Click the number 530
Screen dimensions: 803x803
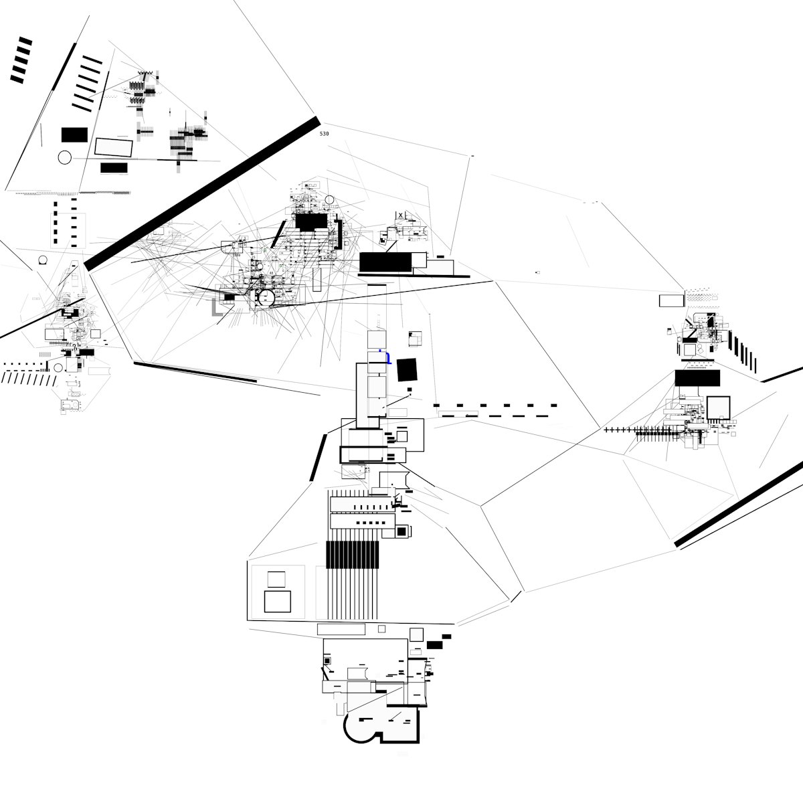click(325, 134)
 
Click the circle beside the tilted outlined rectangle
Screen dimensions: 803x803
click(64, 158)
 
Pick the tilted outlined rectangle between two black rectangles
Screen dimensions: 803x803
click(114, 147)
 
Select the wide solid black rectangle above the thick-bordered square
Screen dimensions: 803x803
click(697, 378)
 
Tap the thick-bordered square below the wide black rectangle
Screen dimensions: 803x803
click(719, 408)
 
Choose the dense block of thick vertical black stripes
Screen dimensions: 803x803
click(352, 555)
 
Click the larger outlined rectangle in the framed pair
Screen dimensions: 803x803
click(277, 601)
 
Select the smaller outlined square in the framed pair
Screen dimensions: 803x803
click(276, 579)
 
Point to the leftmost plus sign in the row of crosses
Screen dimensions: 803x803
click(606, 429)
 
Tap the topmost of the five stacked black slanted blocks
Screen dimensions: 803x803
click(25, 41)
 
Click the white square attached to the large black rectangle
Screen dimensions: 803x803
click(418, 260)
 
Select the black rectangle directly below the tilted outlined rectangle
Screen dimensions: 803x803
click(114, 167)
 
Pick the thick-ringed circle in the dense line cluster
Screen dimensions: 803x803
click(266, 298)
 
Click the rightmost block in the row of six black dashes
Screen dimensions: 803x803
click(553, 405)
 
